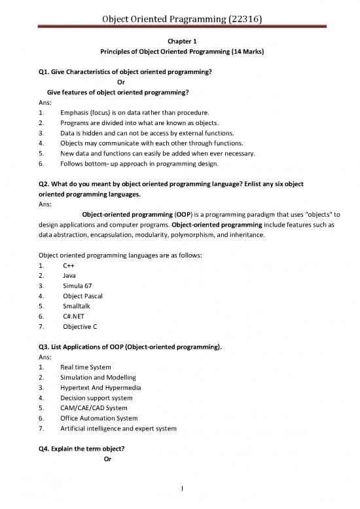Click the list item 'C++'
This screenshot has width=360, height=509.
[x=69, y=265]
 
